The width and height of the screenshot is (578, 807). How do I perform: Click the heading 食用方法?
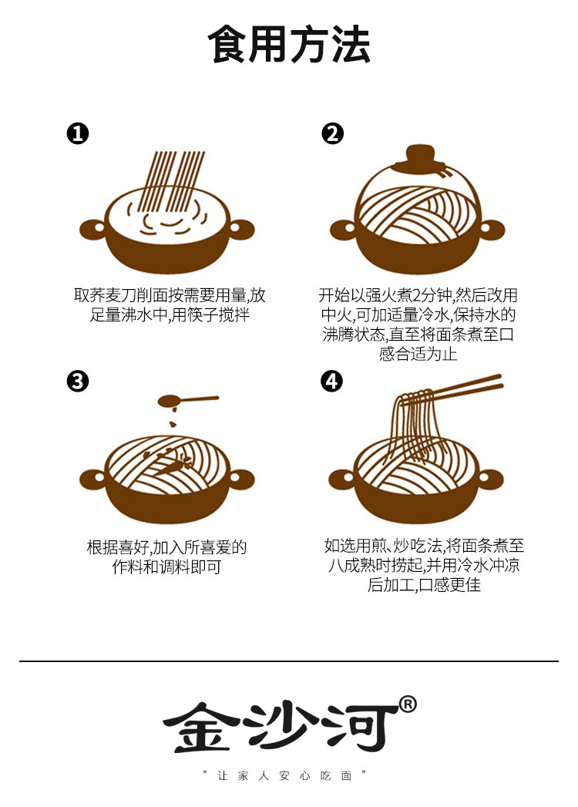(289, 45)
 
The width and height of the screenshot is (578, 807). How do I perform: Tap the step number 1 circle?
(78, 134)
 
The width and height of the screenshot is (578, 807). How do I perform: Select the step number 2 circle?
(332, 134)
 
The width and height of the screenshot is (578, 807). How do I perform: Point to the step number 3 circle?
(78, 381)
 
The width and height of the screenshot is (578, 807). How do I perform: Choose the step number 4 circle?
(332, 381)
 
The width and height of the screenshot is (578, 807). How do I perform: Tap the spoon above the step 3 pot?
(185, 401)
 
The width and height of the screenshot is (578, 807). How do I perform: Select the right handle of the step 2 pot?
(493, 229)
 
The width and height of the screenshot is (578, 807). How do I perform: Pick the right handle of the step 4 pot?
(493, 479)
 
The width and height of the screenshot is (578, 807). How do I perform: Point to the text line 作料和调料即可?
(167, 567)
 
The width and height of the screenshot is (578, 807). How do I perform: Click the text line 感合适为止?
(418, 354)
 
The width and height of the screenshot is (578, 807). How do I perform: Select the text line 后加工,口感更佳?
(425, 585)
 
